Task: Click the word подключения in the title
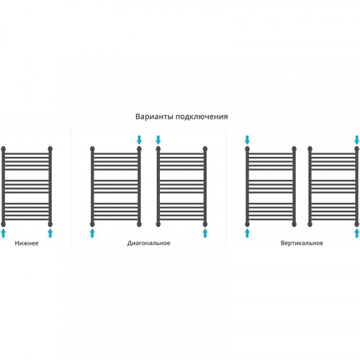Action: coord(202,117)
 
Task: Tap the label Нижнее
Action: coord(27,243)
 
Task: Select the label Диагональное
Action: coord(149,243)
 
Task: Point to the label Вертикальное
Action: coord(302,243)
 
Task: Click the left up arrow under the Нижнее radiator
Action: coord(3,233)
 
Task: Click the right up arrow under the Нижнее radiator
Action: coord(50,233)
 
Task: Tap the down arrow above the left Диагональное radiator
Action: coord(139,140)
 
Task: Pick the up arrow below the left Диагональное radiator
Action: coord(92,233)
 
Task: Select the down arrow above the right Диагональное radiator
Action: coord(158,140)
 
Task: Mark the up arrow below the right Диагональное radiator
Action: coord(205,233)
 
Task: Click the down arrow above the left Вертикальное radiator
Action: coord(248,140)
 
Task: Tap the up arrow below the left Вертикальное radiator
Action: coord(248,233)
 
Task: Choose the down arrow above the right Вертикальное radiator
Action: coord(357,140)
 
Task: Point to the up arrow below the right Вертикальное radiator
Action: coord(357,233)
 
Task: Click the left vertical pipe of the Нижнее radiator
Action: coord(3,186)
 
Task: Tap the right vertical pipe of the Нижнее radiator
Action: coord(50,186)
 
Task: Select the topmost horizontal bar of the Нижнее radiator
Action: coord(27,153)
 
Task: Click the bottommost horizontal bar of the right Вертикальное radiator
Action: coord(333,220)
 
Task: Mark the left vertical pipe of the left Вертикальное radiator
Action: coord(248,186)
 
